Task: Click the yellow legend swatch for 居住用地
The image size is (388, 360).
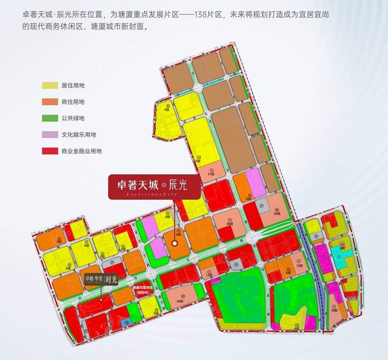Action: (x=50, y=85)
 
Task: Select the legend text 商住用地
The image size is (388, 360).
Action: (x=73, y=102)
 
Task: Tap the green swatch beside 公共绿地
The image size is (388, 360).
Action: (x=50, y=118)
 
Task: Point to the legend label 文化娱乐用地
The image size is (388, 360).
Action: (x=79, y=135)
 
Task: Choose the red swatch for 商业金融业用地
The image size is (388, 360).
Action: (x=50, y=151)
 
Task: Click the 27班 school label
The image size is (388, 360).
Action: (x=209, y=174)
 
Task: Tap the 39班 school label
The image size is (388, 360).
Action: (x=277, y=214)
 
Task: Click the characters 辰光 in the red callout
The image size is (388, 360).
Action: (x=178, y=185)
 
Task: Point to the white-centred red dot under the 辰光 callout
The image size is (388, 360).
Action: (x=174, y=243)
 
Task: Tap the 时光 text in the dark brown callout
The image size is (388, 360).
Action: (x=111, y=279)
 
